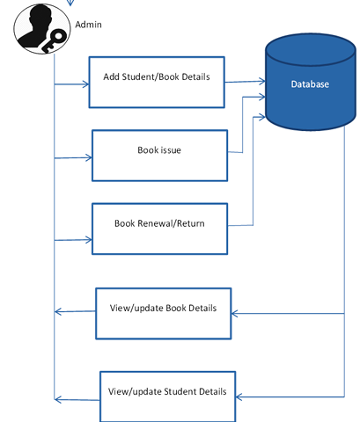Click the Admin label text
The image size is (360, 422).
click(x=88, y=25)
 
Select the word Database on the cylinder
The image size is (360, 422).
click(x=310, y=84)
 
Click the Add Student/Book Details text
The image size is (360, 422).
click(x=157, y=76)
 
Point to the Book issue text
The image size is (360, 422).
click(x=159, y=150)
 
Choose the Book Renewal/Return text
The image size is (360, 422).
click(x=159, y=223)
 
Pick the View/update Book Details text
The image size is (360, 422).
click(x=163, y=308)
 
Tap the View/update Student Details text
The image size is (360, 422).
click(x=167, y=391)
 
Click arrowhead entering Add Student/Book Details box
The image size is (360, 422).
click(x=86, y=84)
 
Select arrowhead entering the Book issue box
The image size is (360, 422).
click(x=89, y=157)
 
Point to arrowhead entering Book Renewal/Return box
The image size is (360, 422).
click(x=89, y=240)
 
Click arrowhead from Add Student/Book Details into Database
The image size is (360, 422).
click(x=262, y=81)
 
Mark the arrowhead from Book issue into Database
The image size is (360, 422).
click(x=262, y=97)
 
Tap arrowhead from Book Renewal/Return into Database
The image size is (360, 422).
click(x=262, y=117)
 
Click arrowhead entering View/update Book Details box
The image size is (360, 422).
click(x=234, y=314)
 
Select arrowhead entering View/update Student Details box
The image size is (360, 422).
click(x=239, y=397)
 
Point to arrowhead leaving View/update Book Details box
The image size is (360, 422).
click(x=58, y=311)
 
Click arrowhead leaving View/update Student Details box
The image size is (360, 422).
click(x=58, y=399)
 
